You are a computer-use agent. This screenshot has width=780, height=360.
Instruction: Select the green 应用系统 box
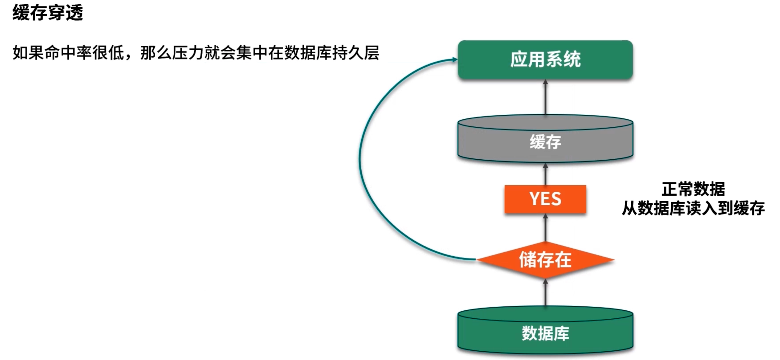(545, 60)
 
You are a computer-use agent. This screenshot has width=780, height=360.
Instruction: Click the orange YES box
(545, 199)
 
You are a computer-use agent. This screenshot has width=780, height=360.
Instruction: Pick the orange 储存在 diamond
(545, 260)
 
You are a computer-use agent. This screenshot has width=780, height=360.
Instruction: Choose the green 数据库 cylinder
(545, 333)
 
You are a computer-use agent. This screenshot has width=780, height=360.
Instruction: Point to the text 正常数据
(693, 189)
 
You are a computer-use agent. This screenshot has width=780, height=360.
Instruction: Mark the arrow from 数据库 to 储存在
(545, 293)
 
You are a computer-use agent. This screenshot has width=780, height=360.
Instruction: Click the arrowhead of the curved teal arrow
(455, 60)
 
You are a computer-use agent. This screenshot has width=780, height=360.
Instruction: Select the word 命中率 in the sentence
(69, 53)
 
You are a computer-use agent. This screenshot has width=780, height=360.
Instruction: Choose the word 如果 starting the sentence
(29, 53)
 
